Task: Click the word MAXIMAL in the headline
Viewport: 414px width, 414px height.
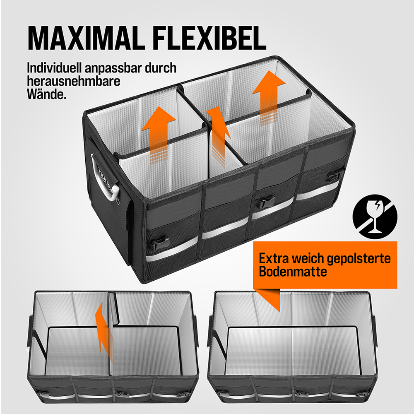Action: (87, 38)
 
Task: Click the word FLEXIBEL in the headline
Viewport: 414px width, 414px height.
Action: (210, 38)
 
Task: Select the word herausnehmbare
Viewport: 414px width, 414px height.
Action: (73, 81)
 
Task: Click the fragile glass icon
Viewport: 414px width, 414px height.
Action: (375, 217)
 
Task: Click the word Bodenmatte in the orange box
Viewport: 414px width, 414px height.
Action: (293, 272)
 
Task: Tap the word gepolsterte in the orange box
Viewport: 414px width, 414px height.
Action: (359, 259)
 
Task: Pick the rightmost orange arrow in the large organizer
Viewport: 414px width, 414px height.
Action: (269, 98)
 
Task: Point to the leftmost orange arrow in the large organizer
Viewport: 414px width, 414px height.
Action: (159, 135)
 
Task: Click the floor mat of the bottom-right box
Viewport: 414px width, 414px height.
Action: (292, 351)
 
